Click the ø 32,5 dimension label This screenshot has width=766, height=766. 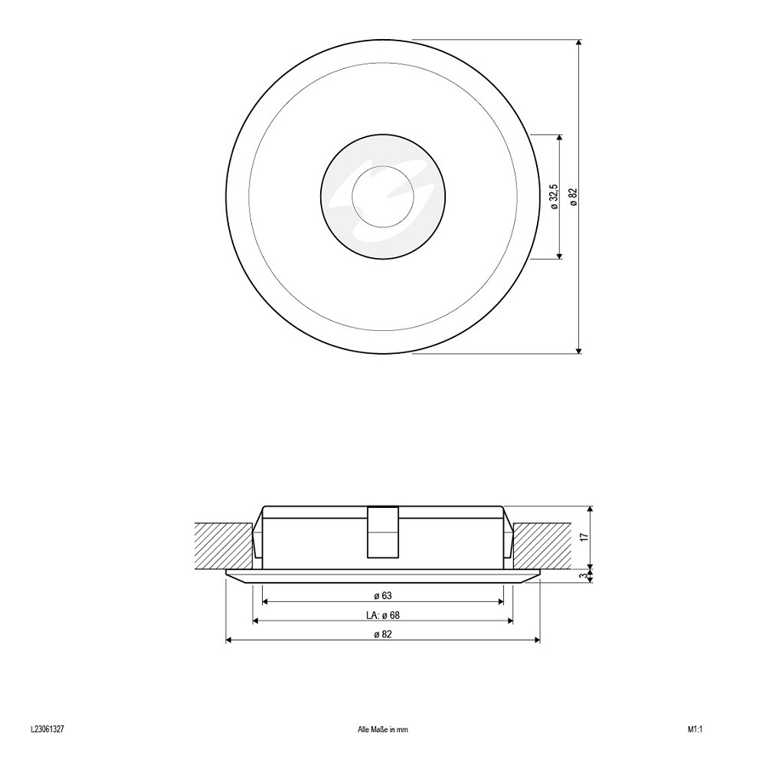(x=554, y=197)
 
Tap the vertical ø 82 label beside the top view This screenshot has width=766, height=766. (x=574, y=196)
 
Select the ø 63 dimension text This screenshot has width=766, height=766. (x=383, y=595)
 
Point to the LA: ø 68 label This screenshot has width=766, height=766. (x=383, y=615)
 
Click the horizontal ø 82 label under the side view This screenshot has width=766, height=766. (x=383, y=634)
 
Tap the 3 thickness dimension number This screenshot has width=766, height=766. (x=582, y=576)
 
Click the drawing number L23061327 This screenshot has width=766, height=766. (x=47, y=729)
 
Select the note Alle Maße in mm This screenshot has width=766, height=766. (x=383, y=730)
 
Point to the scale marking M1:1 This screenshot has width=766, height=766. (x=695, y=730)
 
